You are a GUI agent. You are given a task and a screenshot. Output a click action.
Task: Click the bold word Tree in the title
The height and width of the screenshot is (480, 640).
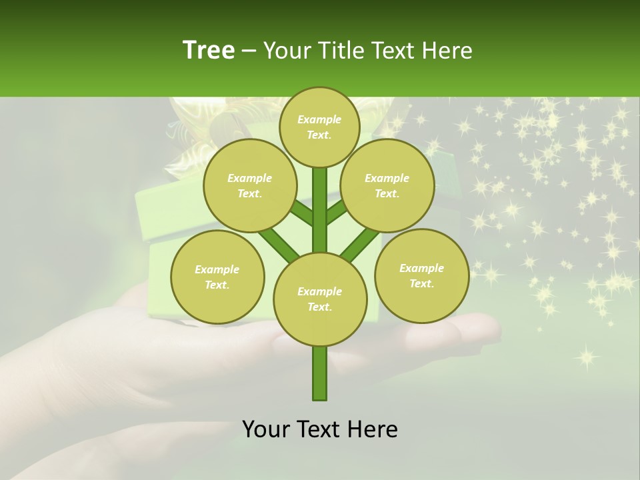coord(209,51)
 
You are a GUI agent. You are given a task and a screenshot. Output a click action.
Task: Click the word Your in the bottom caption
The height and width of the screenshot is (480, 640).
coord(266,429)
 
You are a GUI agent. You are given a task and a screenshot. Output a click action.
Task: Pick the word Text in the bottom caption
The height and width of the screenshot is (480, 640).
coord(320,429)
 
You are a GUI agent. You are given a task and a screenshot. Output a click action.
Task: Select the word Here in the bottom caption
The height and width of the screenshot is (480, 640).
coord(373,429)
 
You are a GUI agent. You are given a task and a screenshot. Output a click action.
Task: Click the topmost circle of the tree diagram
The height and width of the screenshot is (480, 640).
coord(319,127)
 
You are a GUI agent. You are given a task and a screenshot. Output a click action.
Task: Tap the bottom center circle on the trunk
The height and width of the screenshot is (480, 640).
coord(320,299)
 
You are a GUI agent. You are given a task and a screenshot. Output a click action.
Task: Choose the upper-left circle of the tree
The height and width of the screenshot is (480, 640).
coord(249,185)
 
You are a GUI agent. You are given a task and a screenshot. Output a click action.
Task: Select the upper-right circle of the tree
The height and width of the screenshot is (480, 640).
coord(387,185)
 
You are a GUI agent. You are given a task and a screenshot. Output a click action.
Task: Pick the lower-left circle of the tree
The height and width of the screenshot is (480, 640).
coord(217,277)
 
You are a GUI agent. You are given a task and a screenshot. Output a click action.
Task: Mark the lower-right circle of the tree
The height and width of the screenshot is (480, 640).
coord(421,275)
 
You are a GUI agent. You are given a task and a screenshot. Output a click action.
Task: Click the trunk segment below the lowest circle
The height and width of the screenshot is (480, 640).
coord(320,373)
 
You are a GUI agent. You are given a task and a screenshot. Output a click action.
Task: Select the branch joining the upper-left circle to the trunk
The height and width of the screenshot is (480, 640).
coord(301,215)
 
